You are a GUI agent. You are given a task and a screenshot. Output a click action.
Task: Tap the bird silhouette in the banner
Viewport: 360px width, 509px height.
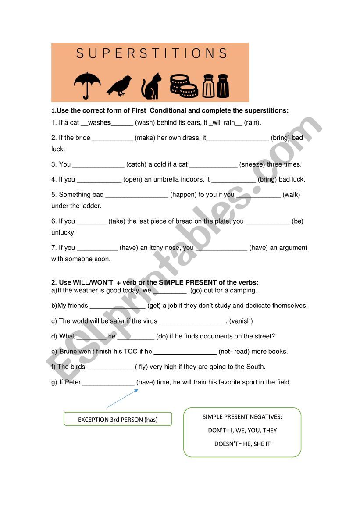[119, 85]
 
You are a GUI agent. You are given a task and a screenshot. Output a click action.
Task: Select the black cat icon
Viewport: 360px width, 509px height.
[151, 86]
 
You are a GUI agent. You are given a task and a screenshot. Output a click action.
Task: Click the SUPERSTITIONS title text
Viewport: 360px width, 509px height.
[151, 53]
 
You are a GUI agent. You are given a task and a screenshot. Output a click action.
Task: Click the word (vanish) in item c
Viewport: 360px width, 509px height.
[241, 321]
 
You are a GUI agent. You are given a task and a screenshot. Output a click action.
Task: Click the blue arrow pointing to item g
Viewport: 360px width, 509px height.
[122, 399]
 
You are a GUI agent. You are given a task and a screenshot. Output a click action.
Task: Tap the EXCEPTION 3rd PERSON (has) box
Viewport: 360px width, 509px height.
[118, 419]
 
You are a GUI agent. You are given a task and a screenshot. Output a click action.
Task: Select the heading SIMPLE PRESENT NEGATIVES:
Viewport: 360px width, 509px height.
[242, 417]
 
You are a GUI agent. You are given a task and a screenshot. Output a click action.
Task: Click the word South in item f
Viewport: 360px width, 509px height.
[256, 367]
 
